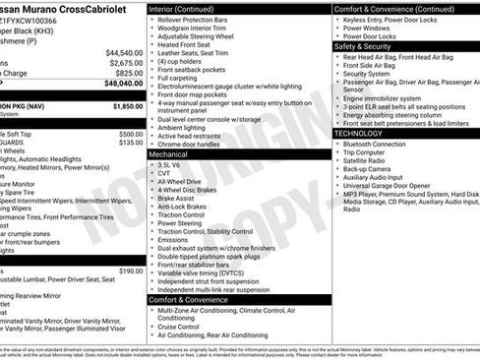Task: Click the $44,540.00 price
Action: pyautogui.click(x=124, y=53)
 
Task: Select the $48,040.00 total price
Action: pyautogui.click(x=124, y=84)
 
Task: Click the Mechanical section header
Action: pyautogui.click(x=171, y=154)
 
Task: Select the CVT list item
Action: pyautogui.click(x=165, y=174)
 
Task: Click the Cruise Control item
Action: pyautogui.click(x=186, y=327)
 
